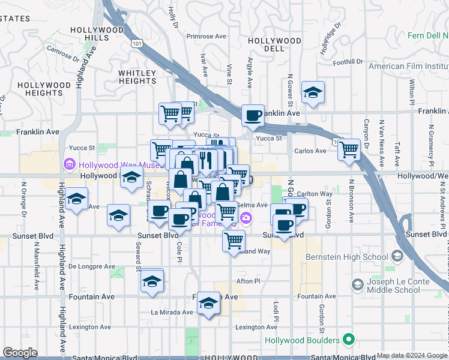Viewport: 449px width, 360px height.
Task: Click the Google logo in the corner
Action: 20,353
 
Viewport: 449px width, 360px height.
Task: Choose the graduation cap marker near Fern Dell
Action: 313,92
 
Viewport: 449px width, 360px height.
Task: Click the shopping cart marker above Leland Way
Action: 234,241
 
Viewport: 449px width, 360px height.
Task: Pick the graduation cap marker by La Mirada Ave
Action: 208,304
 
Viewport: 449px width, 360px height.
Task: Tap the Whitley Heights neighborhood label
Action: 137,77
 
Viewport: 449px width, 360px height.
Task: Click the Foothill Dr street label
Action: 348,62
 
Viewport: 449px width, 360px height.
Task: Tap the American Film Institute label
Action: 409,66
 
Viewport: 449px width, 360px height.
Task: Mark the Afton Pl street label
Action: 249,281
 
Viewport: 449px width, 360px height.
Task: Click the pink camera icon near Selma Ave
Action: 245,217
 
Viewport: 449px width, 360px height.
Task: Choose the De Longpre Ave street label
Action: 91,266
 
